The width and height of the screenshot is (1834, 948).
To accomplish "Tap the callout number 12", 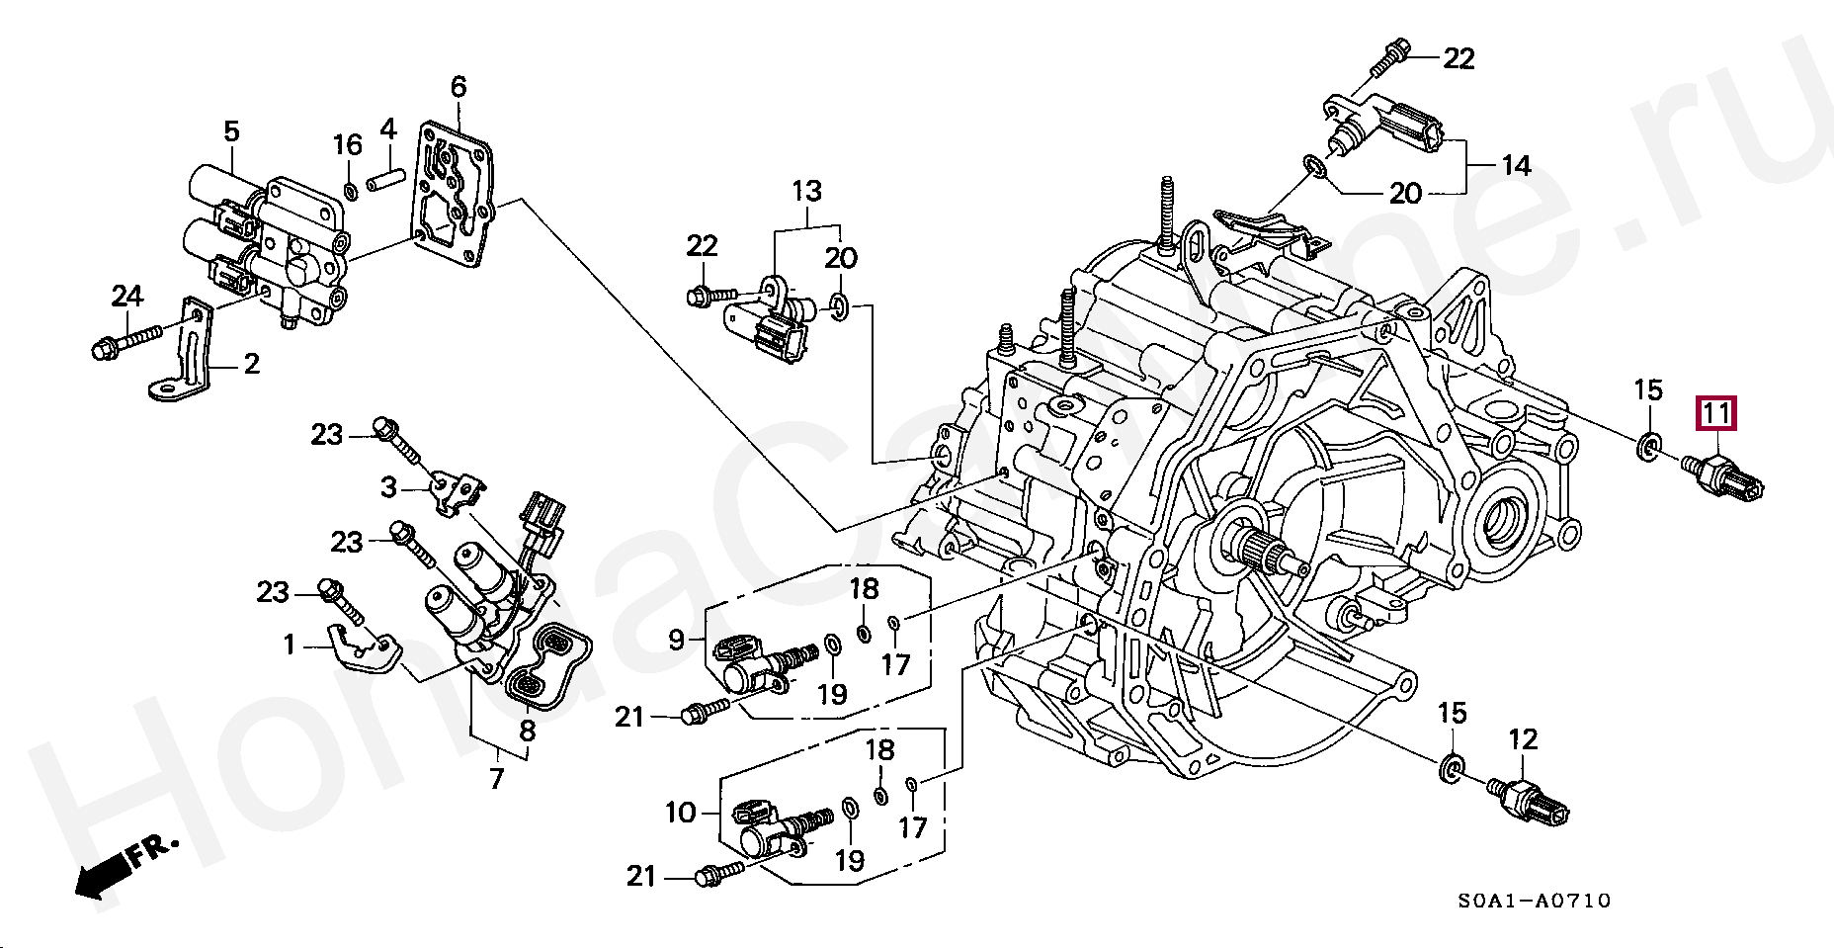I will [1523, 738].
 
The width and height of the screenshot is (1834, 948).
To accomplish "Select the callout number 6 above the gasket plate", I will [458, 87].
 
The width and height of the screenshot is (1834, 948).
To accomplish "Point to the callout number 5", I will [231, 130].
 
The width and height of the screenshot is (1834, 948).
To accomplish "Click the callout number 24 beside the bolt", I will [126, 295].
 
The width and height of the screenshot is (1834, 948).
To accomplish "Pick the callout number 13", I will [806, 191].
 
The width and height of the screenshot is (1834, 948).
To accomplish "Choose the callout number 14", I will [1515, 165].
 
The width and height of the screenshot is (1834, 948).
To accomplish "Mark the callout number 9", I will [676, 640].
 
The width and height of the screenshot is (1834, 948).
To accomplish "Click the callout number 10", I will [681, 814].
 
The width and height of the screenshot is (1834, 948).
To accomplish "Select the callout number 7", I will [496, 778].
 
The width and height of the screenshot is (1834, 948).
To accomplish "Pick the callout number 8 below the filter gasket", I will [528, 731].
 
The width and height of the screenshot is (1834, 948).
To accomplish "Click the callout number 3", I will [388, 486].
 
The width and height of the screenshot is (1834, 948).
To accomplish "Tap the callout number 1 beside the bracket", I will [289, 646].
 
